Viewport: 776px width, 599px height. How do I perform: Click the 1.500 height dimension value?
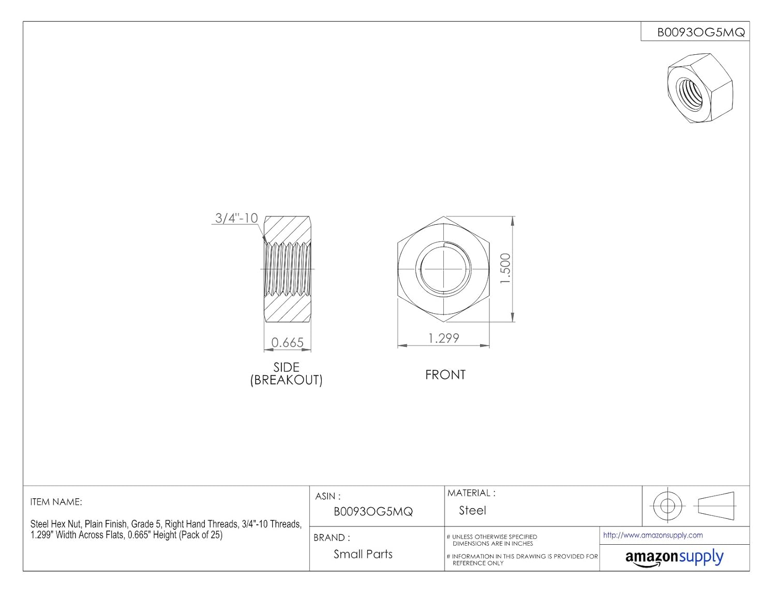(505, 268)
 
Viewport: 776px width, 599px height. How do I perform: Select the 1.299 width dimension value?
(443, 338)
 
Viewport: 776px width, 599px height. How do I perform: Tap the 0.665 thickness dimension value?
(287, 343)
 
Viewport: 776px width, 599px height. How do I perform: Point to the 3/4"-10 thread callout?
(236, 218)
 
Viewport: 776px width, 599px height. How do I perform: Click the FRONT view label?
(445, 375)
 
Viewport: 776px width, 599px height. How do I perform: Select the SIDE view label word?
(286, 367)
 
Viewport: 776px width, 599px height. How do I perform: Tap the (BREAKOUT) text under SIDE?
(286, 380)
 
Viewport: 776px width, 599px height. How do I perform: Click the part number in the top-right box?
(700, 32)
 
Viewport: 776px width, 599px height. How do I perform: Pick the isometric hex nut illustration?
(699, 87)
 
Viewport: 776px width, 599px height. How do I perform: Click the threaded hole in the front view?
(444, 269)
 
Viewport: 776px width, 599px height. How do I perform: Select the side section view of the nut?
(287, 269)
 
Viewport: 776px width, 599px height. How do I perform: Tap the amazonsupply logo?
(674, 558)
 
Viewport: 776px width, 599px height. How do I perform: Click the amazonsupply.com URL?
(653, 535)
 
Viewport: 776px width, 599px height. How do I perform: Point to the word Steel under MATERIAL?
(472, 511)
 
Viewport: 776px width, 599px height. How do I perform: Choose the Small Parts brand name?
(363, 554)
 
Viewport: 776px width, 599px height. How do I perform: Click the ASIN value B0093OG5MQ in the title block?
(373, 512)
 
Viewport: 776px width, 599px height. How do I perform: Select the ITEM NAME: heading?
(56, 502)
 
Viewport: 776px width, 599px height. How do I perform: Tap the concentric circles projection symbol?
(667, 505)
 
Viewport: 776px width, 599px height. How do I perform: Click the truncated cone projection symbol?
(716, 504)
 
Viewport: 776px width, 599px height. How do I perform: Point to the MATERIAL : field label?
(471, 493)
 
